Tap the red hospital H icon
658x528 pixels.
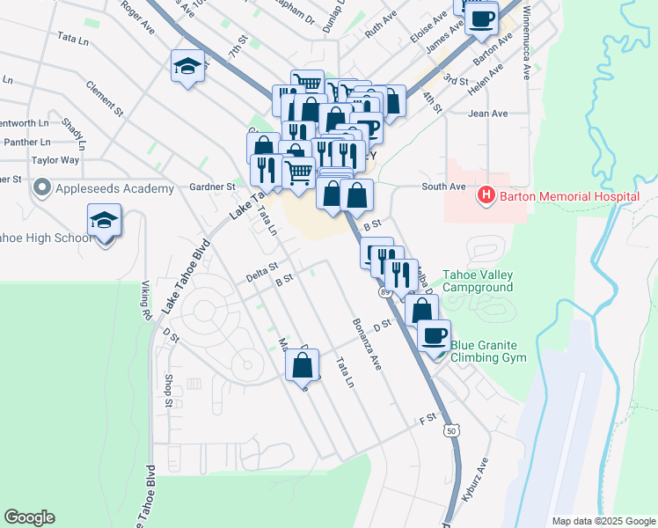pyautogui.click(x=484, y=194)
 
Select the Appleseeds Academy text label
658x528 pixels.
pyautogui.click(x=115, y=189)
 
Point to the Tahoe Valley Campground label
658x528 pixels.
pyautogui.click(x=477, y=281)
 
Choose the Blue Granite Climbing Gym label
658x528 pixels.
pyautogui.click(x=488, y=351)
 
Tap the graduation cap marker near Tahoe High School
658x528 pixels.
pyautogui.click(x=104, y=222)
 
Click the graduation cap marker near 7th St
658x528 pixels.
pyautogui.click(x=187, y=66)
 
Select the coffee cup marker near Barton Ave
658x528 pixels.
pyautogui.click(x=481, y=19)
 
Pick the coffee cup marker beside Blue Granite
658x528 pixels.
pyautogui.click(x=434, y=336)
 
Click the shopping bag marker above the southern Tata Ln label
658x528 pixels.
pyautogui.click(x=303, y=364)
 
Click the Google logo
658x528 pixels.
pyautogui.click(x=29, y=517)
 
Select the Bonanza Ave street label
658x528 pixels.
pyautogui.click(x=369, y=343)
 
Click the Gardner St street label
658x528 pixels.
pyautogui.click(x=213, y=187)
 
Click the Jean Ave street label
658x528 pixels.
pyautogui.click(x=488, y=114)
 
